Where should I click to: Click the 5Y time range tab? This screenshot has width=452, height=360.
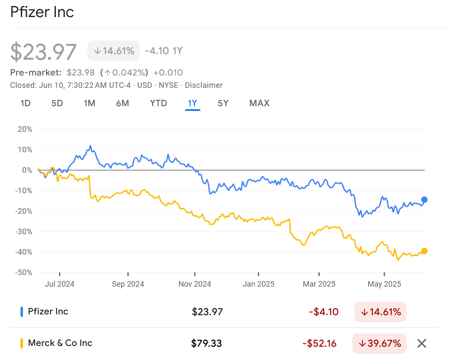223,103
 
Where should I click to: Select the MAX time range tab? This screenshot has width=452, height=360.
259,103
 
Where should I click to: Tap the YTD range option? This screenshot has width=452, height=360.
158,103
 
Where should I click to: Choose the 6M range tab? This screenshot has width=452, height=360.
122,103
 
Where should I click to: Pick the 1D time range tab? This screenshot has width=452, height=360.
26,103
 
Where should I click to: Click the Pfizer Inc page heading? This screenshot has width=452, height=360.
42,12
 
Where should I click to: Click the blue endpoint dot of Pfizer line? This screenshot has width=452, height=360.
424,200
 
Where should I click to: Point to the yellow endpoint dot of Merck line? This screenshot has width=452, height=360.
424,251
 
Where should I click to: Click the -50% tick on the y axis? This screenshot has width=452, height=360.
24,273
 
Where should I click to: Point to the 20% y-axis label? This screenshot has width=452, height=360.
25,129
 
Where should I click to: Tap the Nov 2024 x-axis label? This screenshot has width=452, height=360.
195,284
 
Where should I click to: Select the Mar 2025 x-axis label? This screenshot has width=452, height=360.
319,284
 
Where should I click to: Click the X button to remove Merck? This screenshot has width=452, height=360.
421,343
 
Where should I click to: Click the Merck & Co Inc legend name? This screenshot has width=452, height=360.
60,343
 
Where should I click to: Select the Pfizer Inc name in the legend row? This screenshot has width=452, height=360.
48,311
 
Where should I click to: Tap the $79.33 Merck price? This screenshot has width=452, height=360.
207,343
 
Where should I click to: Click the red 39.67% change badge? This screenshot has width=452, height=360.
380,343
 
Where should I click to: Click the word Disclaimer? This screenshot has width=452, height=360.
203,85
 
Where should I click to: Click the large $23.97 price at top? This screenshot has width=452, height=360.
43,52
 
